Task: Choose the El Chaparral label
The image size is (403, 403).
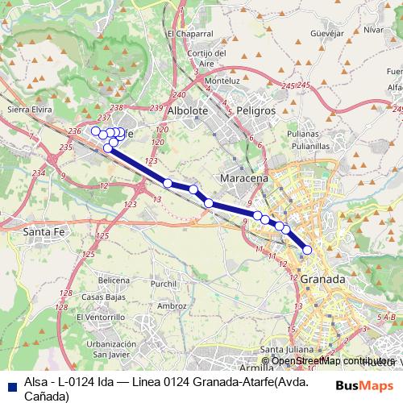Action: (x=189, y=34)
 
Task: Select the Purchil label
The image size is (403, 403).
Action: (x=163, y=284)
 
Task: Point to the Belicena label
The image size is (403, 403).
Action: (x=114, y=280)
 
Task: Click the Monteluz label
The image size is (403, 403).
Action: (x=224, y=81)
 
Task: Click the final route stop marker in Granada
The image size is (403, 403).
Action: (x=306, y=250)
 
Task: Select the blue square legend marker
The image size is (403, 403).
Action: (x=10, y=385)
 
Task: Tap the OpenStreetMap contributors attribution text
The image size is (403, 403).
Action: (x=329, y=361)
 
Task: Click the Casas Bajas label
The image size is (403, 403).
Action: (x=114, y=297)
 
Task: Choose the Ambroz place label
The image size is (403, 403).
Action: (x=173, y=305)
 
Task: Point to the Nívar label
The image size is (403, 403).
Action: (x=373, y=29)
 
